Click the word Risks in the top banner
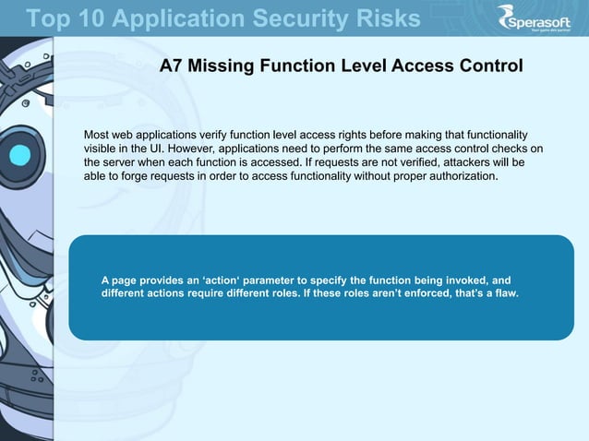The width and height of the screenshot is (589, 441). pyautogui.click(x=381, y=18)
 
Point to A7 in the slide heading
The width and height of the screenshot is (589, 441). pyautogui.click(x=171, y=66)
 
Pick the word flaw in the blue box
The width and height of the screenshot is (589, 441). pyautogui.click(x=504, y=293)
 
